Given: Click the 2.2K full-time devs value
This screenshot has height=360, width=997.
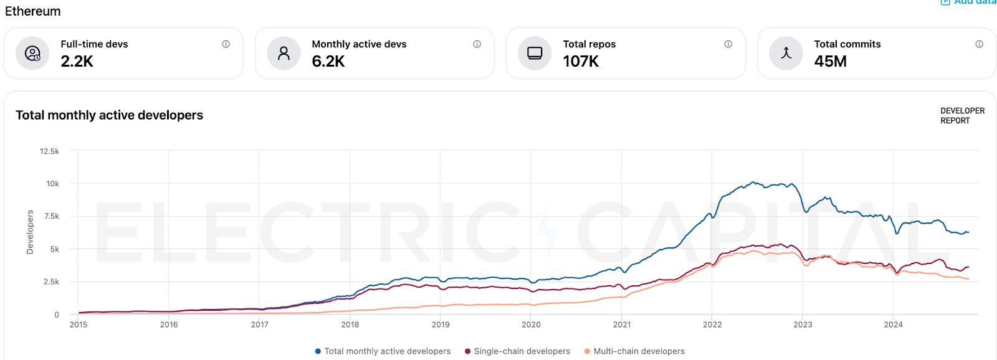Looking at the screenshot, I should coord(77,61).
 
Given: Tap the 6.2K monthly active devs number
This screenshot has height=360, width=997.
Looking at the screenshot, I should coord(328,61).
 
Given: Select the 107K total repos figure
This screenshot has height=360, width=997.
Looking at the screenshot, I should coord(581,61).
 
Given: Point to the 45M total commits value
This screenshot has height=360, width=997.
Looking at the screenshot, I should coord(830,61).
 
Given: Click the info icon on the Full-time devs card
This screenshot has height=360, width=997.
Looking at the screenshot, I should coord(226,44).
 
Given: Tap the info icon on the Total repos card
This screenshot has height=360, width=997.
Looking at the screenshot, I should coord(728,44).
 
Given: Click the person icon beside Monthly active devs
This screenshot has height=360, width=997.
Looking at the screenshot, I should coord(284,53).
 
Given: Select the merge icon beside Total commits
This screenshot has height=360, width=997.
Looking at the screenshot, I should coord(786,53).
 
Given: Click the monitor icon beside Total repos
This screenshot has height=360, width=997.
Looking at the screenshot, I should coord(535,53).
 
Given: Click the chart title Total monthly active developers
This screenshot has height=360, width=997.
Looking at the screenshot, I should coord(109,115).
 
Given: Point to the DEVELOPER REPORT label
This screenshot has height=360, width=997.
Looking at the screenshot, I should coord(962,116).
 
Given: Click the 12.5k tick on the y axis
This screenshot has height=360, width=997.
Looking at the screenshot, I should coord(49,151).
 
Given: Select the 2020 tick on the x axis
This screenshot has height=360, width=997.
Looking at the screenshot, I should coord(531,324).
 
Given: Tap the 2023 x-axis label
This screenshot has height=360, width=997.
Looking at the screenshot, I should coord(803,324).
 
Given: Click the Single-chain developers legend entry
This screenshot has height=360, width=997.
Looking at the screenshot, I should coord(517,351).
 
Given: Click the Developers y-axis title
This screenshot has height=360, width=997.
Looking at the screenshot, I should coord(30,232).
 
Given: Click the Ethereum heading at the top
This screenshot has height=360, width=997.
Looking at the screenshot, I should coord(33,11).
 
